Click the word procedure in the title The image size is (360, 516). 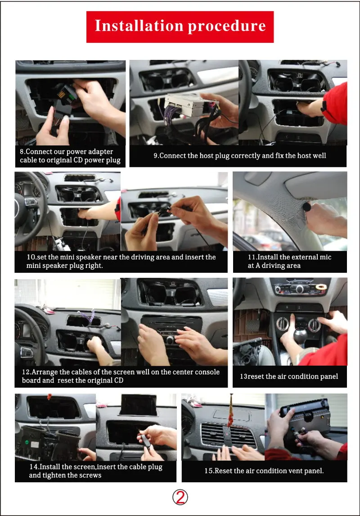pos(227,26)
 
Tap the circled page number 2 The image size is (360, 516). pos(180,497)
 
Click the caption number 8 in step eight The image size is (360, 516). pos(22,152)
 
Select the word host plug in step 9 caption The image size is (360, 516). pos(214,156)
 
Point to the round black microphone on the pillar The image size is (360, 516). pos(306,208)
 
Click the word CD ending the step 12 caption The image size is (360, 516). pos(118,380)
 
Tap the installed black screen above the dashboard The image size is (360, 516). pos(138,405)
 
